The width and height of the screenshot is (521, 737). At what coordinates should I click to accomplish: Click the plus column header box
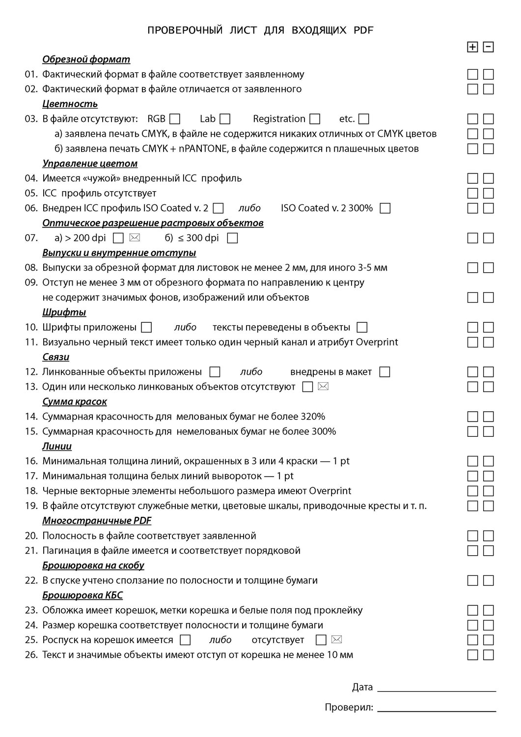pyautogui.click(x=472, y=47)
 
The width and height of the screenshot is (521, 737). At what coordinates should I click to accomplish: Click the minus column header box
pyautogui.click(x=488, y=47)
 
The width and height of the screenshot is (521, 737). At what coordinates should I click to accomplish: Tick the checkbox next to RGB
pyautogui.click(x=175, y=119)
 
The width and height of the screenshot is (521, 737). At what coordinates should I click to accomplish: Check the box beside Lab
pyautogui.click(x=225, y=119)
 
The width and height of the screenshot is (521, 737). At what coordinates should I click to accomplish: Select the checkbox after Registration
pyautogui.click(x=315, y=119)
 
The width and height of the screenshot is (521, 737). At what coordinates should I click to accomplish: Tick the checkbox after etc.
pyautogui.click(x=364, y=119)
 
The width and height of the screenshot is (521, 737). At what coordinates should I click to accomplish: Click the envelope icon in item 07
pyautogui.click(x=135, y=238)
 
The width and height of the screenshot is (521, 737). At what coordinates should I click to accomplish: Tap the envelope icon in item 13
pyautogui.click(x=323, y=387)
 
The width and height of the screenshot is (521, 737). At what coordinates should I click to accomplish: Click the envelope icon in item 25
pyautogui.click(x=336, y=640)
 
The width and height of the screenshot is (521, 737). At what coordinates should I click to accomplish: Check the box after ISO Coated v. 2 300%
pyautogui.click(x=385, y=208)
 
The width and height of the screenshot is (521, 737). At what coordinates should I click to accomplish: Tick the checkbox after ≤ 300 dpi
pyautogui.click(x=233, y=238)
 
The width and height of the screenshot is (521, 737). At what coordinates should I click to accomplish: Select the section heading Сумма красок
pyautogui.click(x=75, y=402)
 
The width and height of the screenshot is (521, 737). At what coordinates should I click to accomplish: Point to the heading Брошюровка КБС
pyautogui.click(x=82, y=595)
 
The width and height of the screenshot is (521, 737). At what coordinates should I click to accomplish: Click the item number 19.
pyautogui.click(x=31, y=506)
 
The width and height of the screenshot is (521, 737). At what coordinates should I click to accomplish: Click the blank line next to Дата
pyautogui.click(x=437, y=688)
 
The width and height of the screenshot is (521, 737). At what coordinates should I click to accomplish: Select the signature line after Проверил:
pyautogui.click(x=437, y=708)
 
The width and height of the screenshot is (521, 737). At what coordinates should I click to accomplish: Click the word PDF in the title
pyautogui.click(x=363, y=30)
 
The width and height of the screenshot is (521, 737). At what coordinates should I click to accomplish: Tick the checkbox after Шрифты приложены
pyautogui.click(x=146, y=327)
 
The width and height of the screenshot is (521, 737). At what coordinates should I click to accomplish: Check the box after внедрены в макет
pyautogui.click(x=385, y=372)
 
